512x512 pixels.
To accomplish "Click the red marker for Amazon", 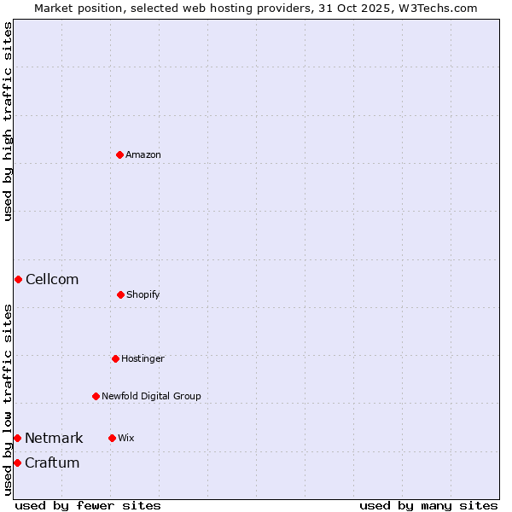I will (119, 154).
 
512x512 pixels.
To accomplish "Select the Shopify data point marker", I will (120, 294).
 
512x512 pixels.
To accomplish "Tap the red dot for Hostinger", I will (115, 358).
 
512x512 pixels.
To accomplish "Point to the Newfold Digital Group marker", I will (96, 396).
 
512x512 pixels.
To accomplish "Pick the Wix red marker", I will (112, 438).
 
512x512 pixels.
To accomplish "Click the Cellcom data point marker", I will (18, 279).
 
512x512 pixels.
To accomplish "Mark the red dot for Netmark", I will (17, 438).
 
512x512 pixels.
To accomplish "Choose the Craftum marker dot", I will (17, 463).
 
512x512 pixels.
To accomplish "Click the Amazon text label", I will (143, 154).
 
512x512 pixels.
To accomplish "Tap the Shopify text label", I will (143, 294).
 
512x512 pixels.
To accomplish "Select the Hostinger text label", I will (143, 358).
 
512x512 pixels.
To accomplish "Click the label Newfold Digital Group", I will (151, 396).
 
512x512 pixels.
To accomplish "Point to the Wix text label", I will (126, 438).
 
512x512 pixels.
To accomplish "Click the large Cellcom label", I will (52, 279).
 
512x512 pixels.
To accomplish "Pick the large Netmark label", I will (54, 438).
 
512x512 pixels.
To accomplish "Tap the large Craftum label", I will (52, 463).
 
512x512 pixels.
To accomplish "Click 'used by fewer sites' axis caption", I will (88, 505).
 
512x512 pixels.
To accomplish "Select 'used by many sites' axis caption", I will (428, 505).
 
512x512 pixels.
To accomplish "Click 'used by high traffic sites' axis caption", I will (8, 121).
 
